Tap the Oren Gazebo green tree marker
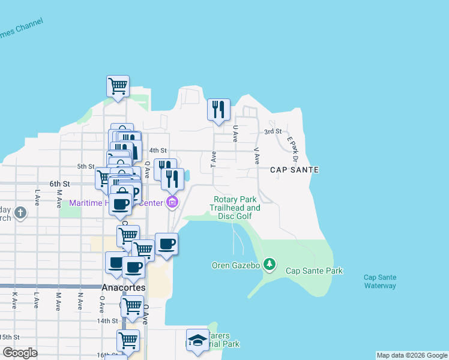pyautogui.click(x=270, y=263)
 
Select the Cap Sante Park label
pyautogui.click(x=314, y=271)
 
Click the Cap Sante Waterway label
pyautogui.click(x=380, y=281)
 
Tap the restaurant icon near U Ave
pyautogui.click(x=218, y=109)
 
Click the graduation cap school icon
pyautogui.click(x=197, y=340)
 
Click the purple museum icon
pyautogui.click(x=172, y=202)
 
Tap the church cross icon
pyautogui.click(x=20, y=212)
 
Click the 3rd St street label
pyautogui.click(x=273, y=131)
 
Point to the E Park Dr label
pyautogui.click(x=292, y=148)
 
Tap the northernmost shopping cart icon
pyautogui.click(x=118, y=86)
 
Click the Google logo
pyautogui.click(x=20, y=353)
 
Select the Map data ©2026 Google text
pyautogui.click(x=412, y=355)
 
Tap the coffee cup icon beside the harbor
pyautogui.click(x=166, y=244)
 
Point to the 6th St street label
pyautogui.click(x=60, y=184)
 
